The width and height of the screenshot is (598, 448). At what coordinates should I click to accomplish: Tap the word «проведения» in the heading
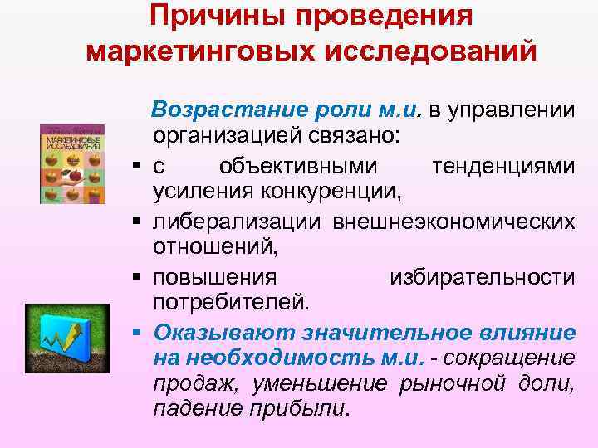pos(382,17)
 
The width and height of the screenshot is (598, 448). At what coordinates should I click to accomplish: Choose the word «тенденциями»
pos(502,166)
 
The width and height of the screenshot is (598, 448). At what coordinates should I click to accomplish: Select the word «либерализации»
pos(238,222)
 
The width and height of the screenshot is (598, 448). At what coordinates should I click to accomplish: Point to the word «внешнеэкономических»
pos(453,222)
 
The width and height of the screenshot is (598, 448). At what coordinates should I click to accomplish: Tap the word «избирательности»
pos(482,276)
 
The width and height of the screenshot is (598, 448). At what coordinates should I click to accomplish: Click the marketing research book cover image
pos(72,163)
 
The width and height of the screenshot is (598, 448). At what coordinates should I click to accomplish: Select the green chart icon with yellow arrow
pos(63,335)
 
